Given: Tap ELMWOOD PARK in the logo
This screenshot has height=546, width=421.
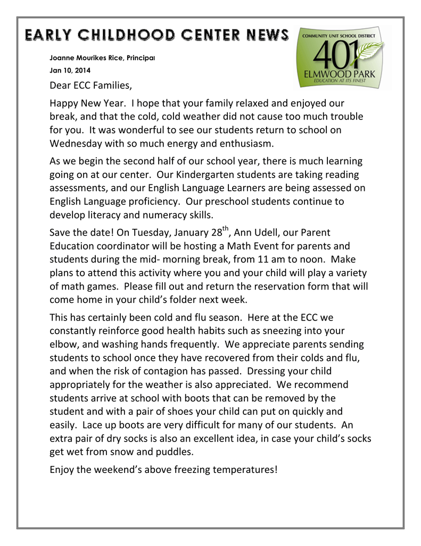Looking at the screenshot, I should pos(339,75).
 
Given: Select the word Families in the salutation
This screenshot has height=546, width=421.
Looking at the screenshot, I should pos(111,85).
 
